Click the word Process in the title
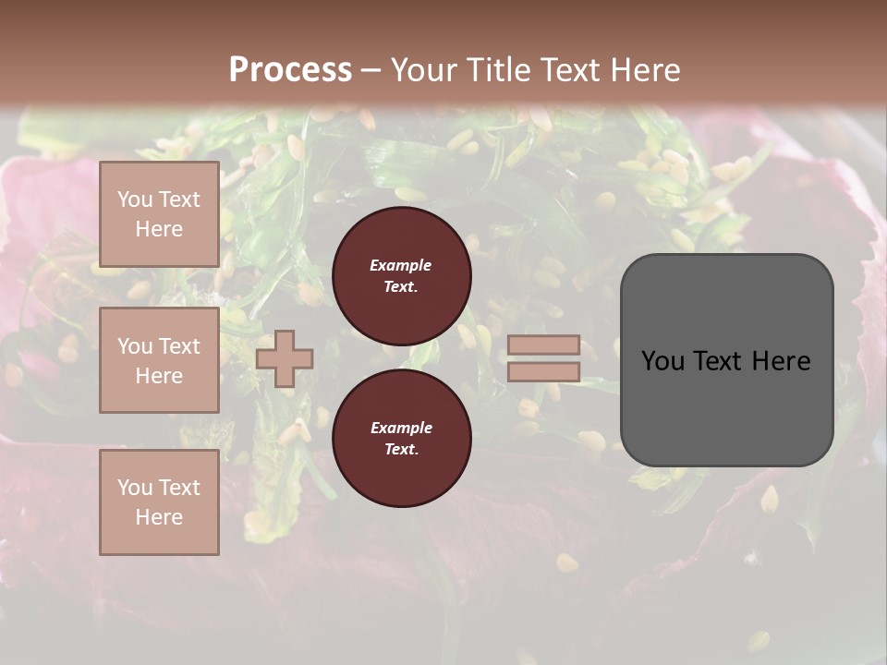click(290, 69)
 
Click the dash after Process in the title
click(371, 71)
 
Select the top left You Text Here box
click(159, 214)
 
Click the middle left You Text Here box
click(159, 360)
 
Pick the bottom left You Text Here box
click(159, 502)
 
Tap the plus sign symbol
click(285, 358)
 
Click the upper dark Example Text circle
click(402, 275)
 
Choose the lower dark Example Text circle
click(402, 438)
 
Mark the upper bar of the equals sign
click(543, 345)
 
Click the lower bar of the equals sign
click(543, 371)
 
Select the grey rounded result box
click(726, 360)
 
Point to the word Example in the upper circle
click(401, 265)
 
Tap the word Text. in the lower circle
click(401, 449)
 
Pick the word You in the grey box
click(664, 361)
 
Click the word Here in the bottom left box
click(159, 517)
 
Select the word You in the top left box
click(135, 199)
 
